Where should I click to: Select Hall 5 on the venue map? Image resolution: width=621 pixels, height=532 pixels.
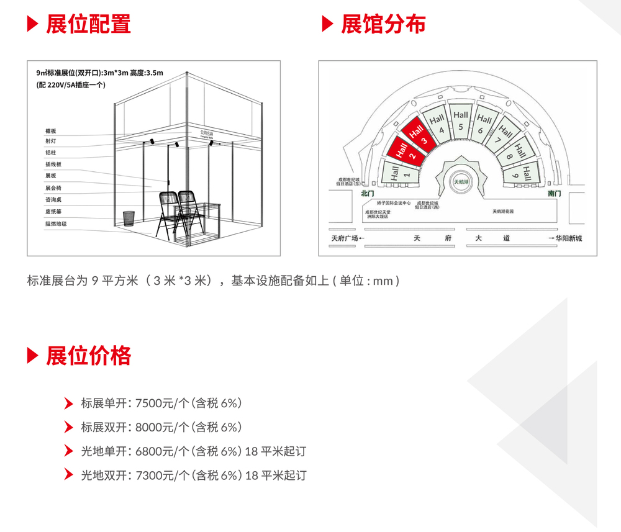[x=460, y=120]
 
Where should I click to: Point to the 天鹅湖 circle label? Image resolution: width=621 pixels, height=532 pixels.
[x=461, y=182]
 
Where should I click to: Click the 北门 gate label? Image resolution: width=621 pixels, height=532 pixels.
[x=369, y=194]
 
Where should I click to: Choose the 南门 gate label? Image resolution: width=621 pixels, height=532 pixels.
[x=554, y=194]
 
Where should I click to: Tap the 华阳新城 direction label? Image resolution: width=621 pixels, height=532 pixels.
[x=569, y=238]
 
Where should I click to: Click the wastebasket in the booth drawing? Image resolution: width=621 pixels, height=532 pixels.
[x=129, y=218]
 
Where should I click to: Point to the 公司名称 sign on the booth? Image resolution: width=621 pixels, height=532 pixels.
[x=208, y=133]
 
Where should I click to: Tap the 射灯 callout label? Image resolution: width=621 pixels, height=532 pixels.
[x=51, y=141]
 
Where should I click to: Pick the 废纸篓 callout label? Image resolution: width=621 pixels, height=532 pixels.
[x=53, y=211]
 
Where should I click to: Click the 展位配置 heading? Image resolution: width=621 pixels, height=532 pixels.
[x=88, y=24]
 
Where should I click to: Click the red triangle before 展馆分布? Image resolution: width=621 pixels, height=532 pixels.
[x=328, y=24]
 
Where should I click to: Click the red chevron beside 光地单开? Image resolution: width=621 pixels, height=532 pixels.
[x=69, y=451]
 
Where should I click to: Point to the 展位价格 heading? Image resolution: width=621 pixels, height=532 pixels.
[x=88, y=356]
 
